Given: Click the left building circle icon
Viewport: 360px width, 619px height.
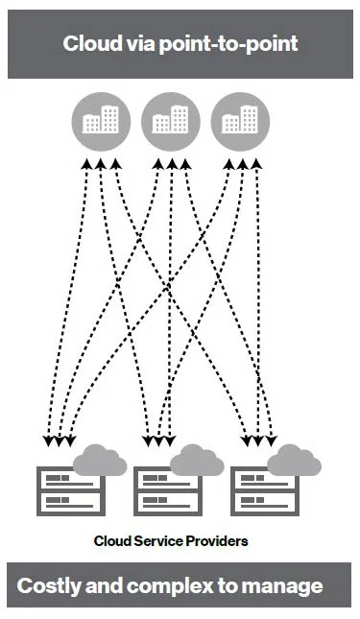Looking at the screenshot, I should pyautogui.click(x=101, y=120).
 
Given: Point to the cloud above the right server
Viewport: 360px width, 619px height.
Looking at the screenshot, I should pyautogui.click(x=294, y=461).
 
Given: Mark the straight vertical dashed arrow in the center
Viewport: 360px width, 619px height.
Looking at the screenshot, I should pyautogui.click(x=171, y=298).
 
